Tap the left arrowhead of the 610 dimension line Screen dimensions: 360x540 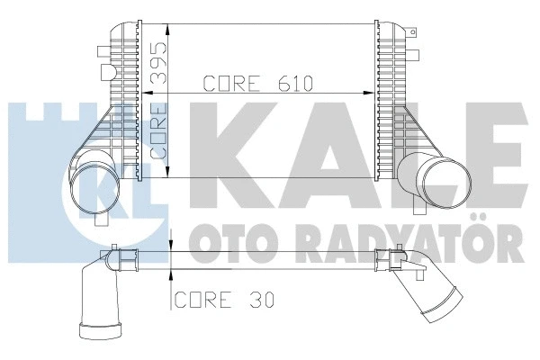[x=176, y=94]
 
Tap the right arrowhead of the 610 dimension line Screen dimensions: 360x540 [x=368, y=94]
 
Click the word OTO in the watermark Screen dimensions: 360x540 [x=220, y=241]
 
